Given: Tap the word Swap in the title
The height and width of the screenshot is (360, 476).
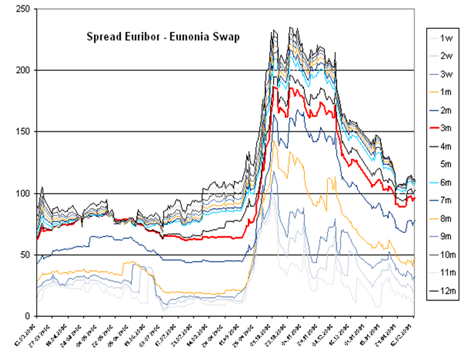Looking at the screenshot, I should (229, 37).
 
